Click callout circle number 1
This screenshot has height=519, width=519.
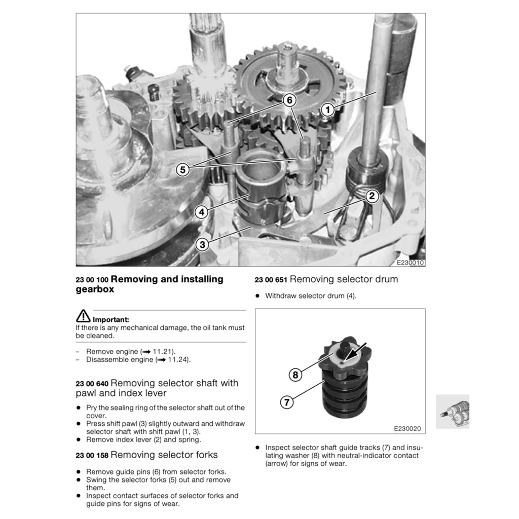[328, 109]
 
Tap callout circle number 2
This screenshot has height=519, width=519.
[372, 196]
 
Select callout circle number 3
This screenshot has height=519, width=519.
[202, 245]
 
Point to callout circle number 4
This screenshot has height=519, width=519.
[202, 212]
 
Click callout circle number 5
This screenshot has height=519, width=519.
[182, 170]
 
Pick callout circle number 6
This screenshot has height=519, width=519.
[289, 100]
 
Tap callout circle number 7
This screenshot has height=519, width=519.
[287, 402]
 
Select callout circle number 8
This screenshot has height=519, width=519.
[295, 375]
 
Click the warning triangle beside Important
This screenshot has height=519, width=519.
[83, 316]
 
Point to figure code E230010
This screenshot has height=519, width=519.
[410, 263]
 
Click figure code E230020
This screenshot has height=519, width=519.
[407, 429]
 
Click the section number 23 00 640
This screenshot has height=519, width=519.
[92, 384]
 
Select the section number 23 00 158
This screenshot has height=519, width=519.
[92, 456]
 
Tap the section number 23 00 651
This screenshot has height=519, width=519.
[271, 280]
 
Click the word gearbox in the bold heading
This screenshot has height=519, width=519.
[95, 289]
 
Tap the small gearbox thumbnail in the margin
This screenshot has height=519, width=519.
[453, 412]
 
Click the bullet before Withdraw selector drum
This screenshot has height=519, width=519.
[257, 296]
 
